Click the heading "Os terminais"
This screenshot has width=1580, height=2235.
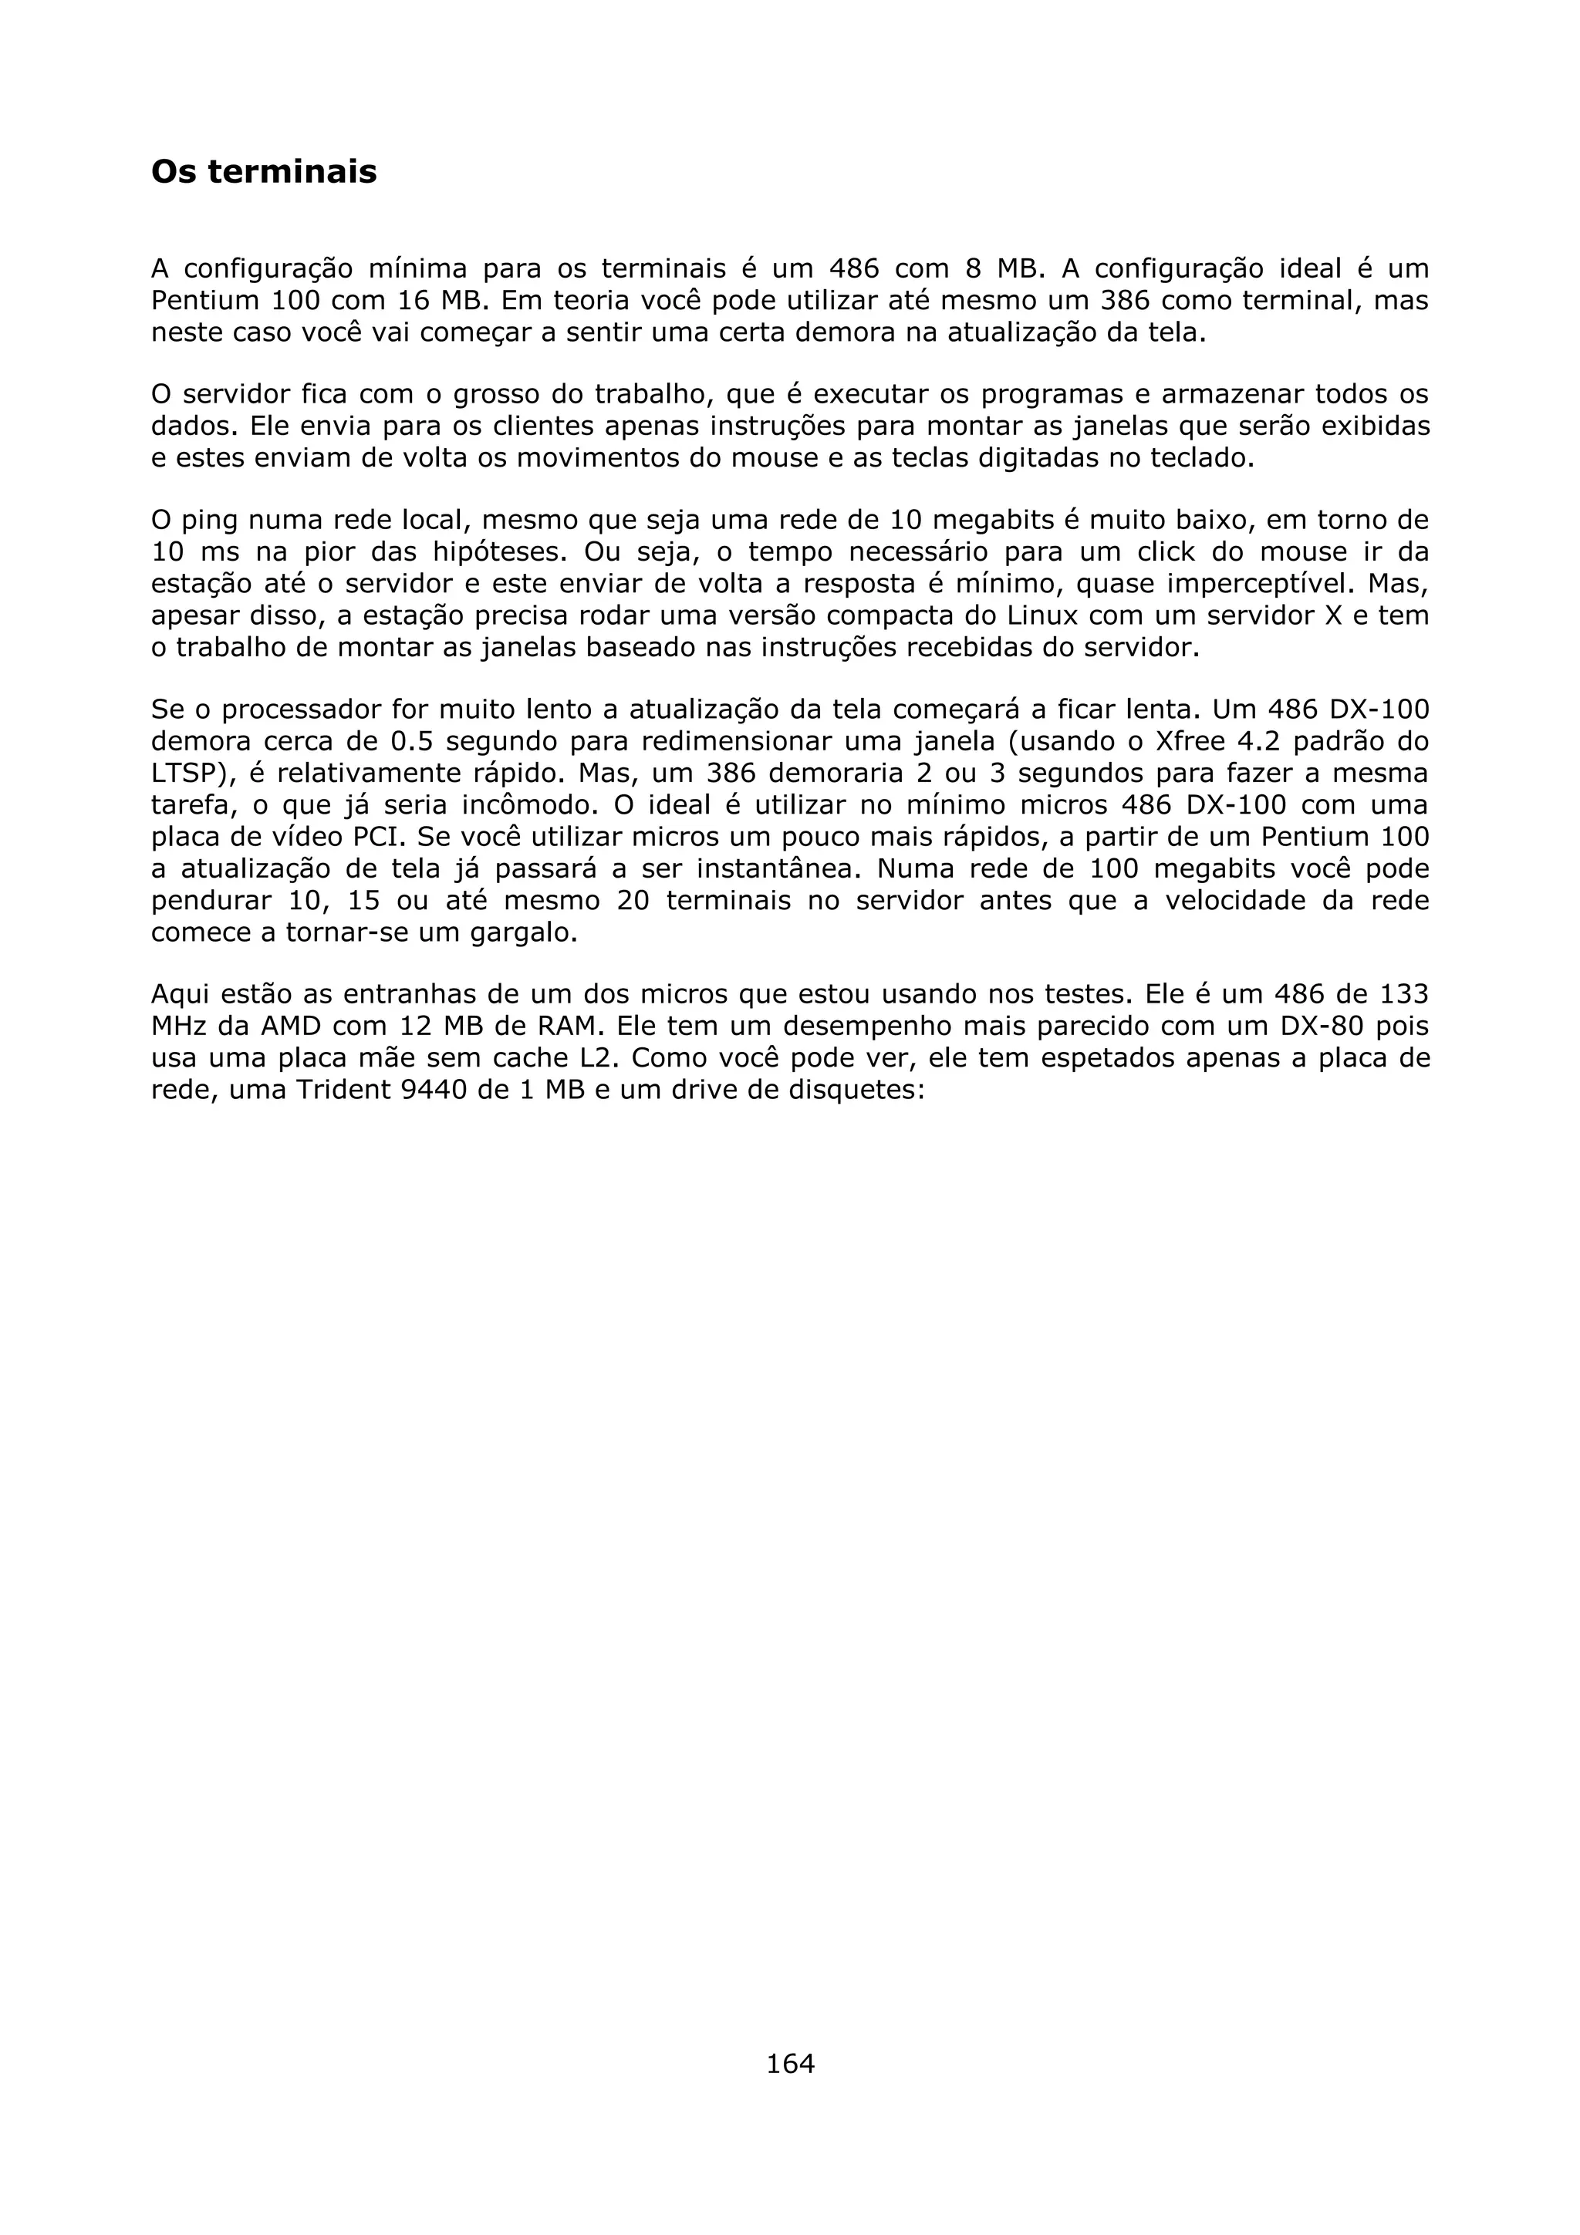(x=264, y=172)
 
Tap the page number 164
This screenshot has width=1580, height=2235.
(x=789, y=2063)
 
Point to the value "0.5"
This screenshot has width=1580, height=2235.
(x=411, y=742)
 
